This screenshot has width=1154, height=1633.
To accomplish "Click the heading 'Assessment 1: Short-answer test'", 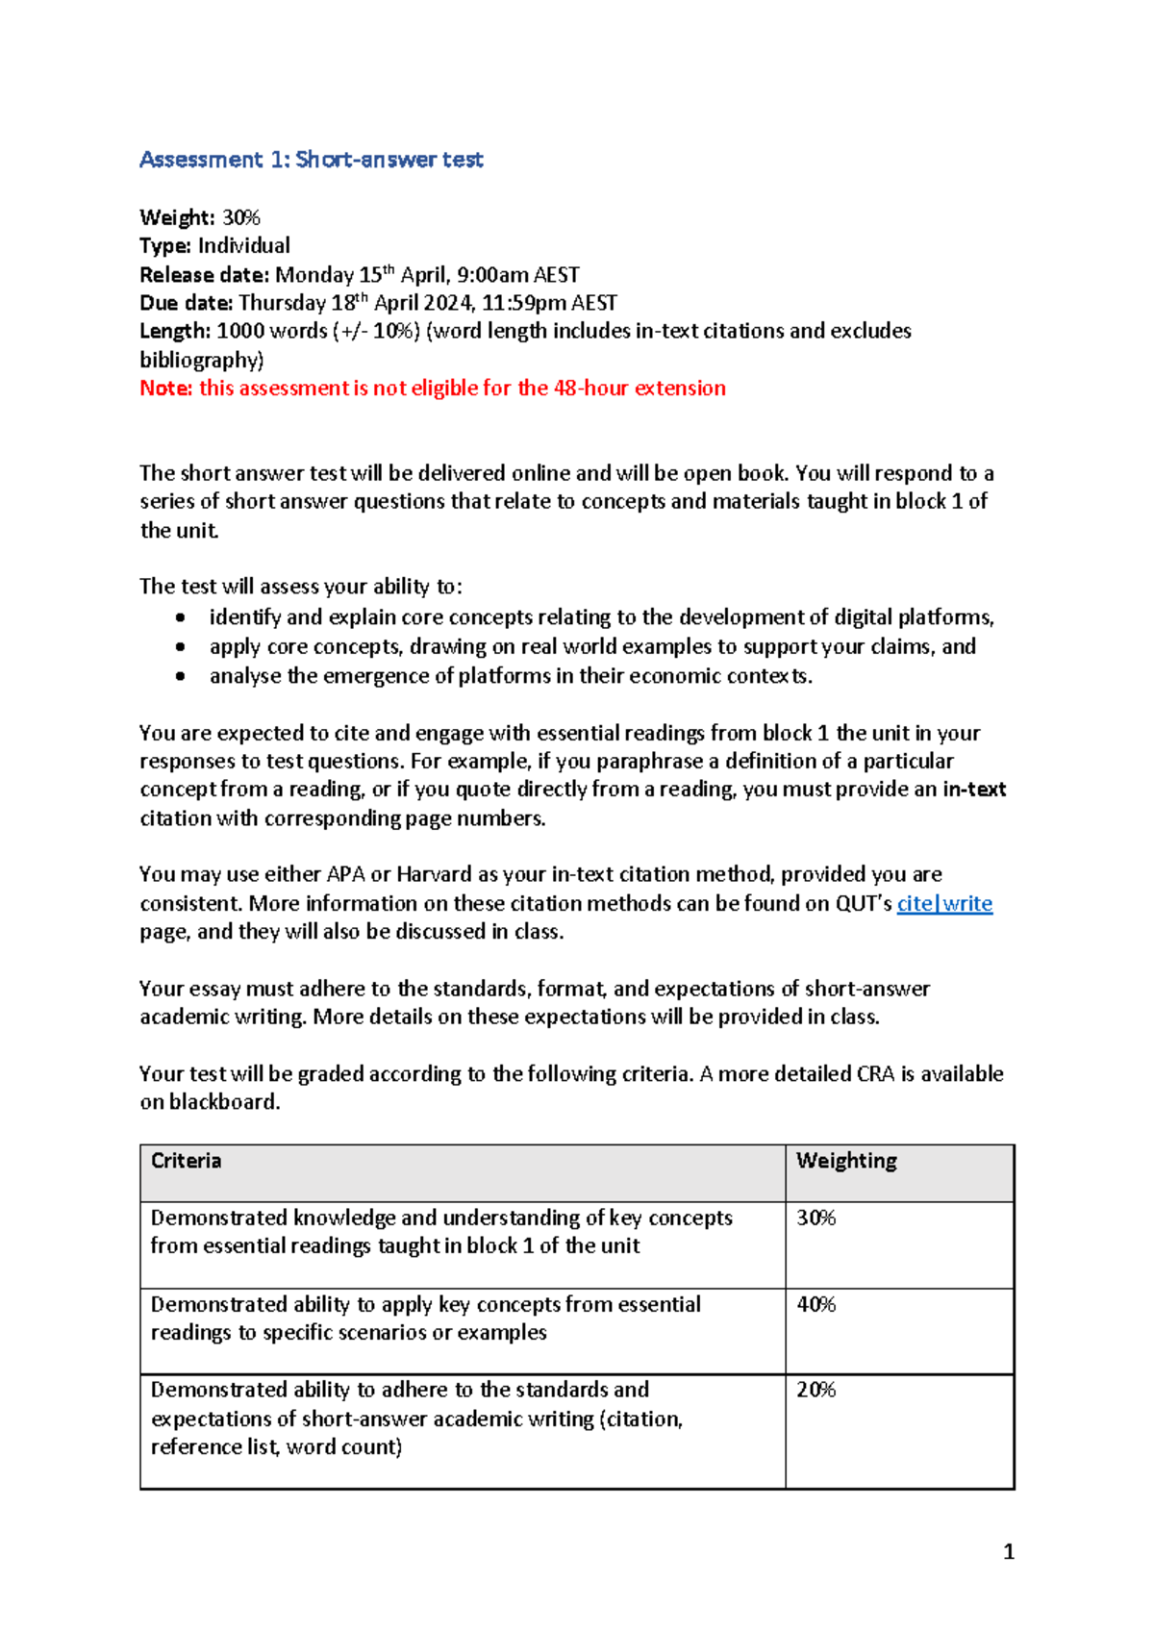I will pyautogui.click(x=311, y=160).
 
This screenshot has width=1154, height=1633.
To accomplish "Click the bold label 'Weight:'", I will pyautogui.click(x=177, y=217).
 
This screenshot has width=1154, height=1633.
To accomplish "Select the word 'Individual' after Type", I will pyautogui.click(x=244, y=246).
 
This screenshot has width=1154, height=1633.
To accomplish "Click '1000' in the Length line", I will pyautogui.click(x=239, y=331).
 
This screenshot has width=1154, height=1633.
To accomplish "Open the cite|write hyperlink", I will pyautogui.click(x=944, y=904).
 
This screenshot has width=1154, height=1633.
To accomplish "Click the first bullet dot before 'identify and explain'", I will pyautogui.click(x=180, y=618).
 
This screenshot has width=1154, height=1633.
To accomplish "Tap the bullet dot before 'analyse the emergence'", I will pyautogui.click(x=180, y=677).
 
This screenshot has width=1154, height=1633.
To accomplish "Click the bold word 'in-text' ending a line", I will pyautogui.click(x=974, y=790).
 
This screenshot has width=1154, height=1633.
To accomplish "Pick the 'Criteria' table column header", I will pyautogui.click(x=186, y=1161).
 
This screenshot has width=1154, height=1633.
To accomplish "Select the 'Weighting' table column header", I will pyautogui.click(x=846, y=1161).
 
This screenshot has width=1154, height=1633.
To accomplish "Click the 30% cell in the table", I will pyautogui.click(x=816, y=1218).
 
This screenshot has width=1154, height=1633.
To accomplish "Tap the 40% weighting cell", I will pyautogui.click(x=816, y=1305).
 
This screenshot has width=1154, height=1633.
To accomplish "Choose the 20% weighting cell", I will pyautogui.click(x=816, y=1391).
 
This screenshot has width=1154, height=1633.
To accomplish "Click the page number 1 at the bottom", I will pyautogui.click(x=1008, y=1551).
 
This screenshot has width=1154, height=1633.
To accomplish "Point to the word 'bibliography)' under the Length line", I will pyautogui.click(x=201, y=361).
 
